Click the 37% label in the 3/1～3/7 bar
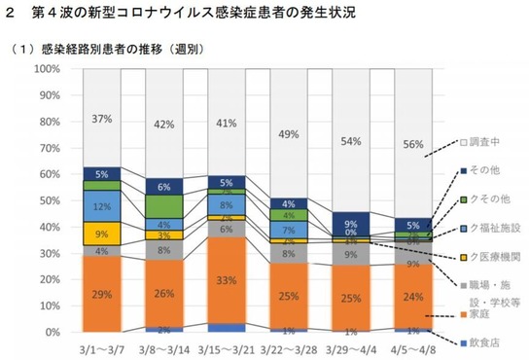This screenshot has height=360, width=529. [101, 120]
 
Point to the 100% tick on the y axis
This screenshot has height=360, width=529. [46, 70]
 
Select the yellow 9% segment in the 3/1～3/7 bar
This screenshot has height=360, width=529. [101, 234]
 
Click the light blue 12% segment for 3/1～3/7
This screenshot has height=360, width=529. [101, 206]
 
